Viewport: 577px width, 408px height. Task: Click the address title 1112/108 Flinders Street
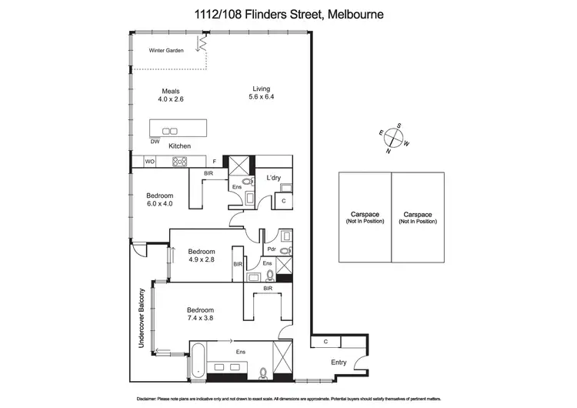(288, 14)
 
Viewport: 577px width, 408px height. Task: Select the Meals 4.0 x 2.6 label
(170, 95)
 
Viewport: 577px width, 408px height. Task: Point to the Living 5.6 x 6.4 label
(262, 93)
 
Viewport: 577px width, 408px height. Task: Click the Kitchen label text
(179, 145)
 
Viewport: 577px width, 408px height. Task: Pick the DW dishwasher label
(155, 142)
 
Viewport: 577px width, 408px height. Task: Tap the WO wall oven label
(150, 162)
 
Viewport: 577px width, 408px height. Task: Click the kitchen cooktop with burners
(180, 162)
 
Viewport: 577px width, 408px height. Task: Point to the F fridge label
(215, 162)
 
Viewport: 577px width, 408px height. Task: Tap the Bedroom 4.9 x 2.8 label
(201, 256)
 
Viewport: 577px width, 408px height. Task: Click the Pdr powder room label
(271, 249)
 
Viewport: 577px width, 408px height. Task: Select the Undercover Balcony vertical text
(142, 319)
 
